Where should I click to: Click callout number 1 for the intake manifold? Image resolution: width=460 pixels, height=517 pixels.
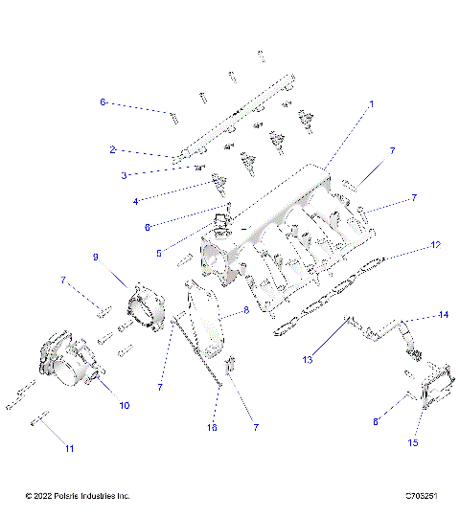(372, 103)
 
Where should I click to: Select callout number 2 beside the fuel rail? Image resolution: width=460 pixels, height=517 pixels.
(112, 149)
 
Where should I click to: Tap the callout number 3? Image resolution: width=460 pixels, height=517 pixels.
(124, 175)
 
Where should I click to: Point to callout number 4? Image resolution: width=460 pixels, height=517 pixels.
(135, 201)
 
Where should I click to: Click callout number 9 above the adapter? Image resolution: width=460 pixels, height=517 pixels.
(96, 258)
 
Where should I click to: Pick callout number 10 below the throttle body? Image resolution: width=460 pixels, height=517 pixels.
(124, 405)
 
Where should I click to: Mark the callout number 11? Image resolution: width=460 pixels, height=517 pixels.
(68, 448)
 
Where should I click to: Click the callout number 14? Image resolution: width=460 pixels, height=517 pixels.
(443, 314)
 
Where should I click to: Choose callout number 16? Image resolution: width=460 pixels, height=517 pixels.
(212, 428)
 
